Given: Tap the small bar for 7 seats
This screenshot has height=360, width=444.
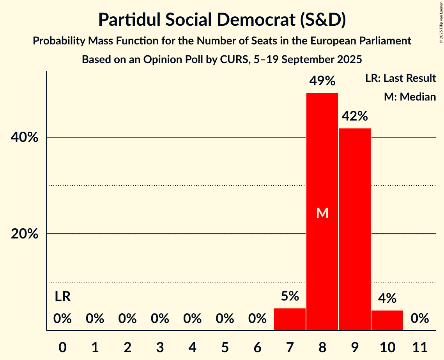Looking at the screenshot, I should (x=290, y=319).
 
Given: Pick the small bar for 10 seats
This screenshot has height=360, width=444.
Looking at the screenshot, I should (x=387, y=320).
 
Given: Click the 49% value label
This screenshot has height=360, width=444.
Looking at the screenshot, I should (x=322, y=81).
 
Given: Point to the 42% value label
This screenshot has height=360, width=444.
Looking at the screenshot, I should (x=355, y=116).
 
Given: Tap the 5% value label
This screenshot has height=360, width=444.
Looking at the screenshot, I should (x=290, y=296).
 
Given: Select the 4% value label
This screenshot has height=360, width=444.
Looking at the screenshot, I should (x=387, y=298).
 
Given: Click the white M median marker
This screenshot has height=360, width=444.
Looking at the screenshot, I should (x=322, y=213).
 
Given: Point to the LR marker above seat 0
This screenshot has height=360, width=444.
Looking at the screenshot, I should (x=62, y=296).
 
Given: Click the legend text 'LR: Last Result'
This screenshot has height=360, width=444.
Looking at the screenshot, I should (x=400, y=78).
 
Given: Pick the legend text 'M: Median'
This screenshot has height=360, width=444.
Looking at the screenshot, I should (x=410, y=97).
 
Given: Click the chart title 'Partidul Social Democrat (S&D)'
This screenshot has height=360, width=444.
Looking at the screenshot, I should (x=222, y=20).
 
